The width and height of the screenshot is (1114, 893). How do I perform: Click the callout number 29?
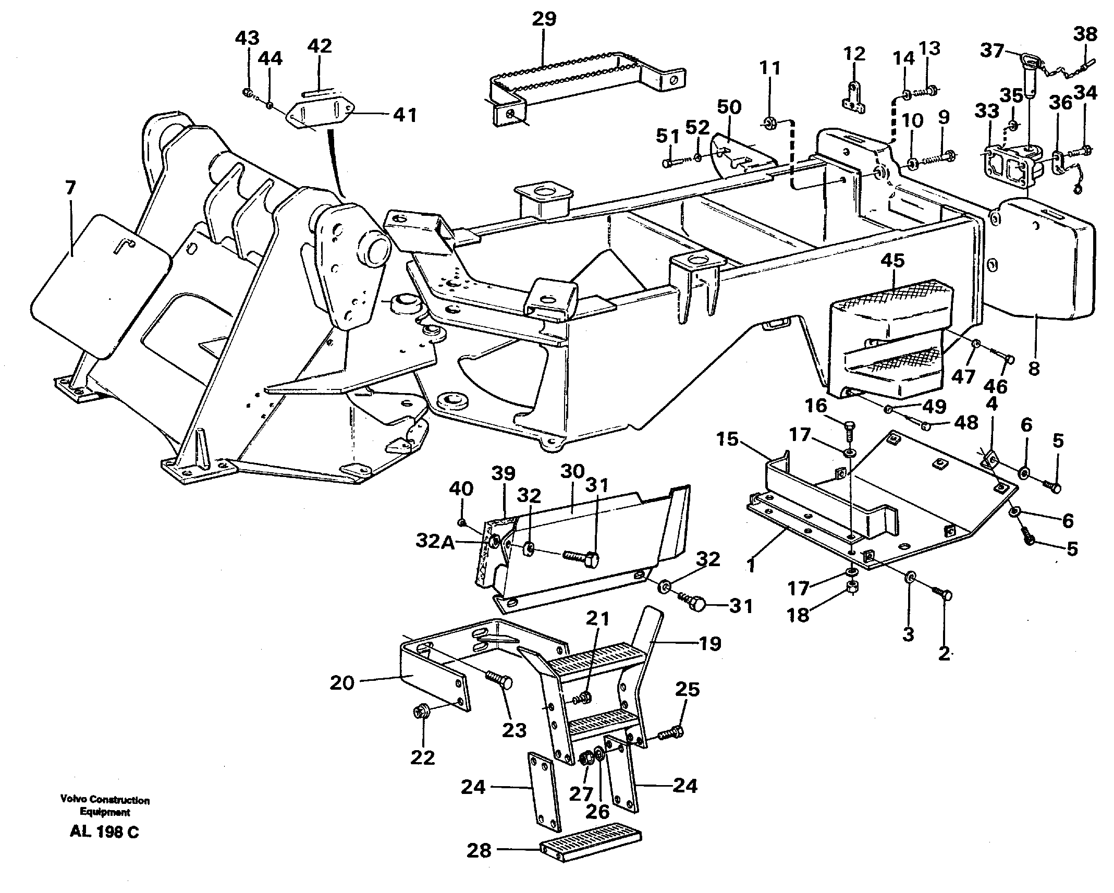[x=544, y=19]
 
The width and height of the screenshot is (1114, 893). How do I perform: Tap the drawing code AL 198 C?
[x=104, y=832]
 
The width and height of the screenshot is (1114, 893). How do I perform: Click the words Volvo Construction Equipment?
[x=105, y=806]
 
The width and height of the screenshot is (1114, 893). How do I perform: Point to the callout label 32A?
[x=435, y=542]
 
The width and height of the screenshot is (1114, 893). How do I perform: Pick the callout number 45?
[x=892, y=260]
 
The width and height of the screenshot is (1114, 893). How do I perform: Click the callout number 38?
[x=1085, y=34]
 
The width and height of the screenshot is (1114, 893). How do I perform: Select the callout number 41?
[x=405, y=115]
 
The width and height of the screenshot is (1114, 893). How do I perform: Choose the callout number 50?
[x=729, y=107]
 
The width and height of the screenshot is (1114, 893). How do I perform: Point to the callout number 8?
[x=1034, y=368]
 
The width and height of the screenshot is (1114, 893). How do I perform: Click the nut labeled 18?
[x=851, y=588]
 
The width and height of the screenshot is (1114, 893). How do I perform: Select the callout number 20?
[x=342, y=682]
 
